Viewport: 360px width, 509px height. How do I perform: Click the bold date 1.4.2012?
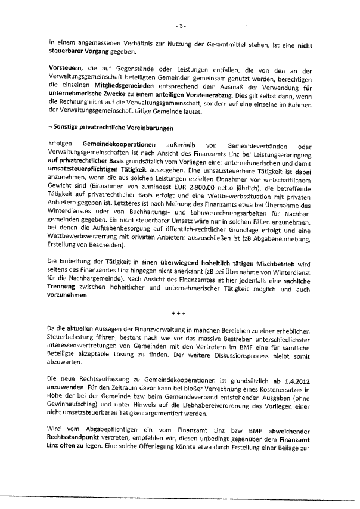click(293, 380)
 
